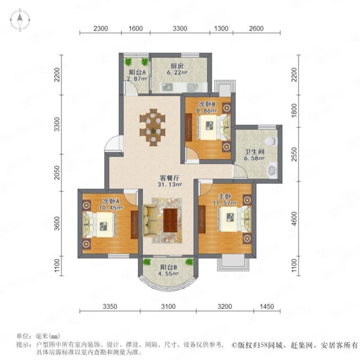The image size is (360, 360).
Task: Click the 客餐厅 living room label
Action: (x=170, y=178)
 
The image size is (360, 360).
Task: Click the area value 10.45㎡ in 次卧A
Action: (x=111, y=208)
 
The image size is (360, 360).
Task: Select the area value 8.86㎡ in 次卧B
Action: (x=208, y=111)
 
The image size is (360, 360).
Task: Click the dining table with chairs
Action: (x=153, y=127)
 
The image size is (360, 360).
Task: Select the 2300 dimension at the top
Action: (x=100, y=28)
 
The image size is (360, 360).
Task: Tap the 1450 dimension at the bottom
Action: (x=266, y=306)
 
